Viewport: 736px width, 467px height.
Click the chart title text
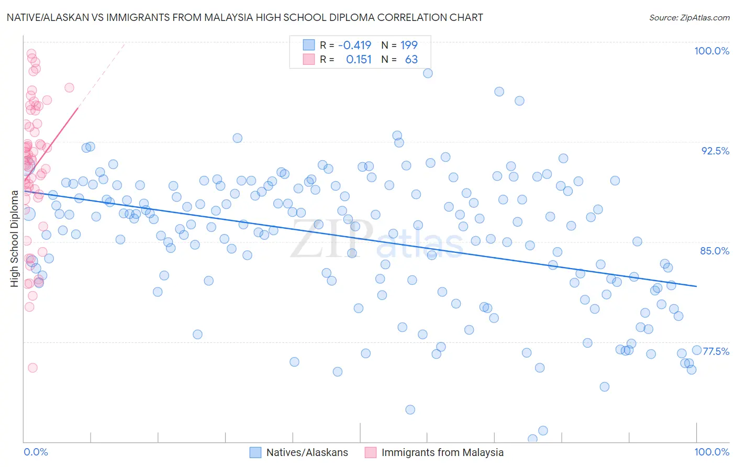[244, 17]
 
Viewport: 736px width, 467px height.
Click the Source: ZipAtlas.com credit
[689, 17]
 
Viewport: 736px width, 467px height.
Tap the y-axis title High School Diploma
[15, 238]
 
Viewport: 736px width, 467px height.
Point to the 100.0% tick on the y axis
[711, 51]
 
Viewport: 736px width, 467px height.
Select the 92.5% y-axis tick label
[715, 151]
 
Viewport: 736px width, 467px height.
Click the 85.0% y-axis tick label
[715, 251]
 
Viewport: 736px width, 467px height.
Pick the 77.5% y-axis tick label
[716, 351]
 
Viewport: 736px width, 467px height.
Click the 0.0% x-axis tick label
[36, 452]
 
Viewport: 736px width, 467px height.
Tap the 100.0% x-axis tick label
[711, 452]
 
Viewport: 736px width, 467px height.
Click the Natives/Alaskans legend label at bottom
[307, 452]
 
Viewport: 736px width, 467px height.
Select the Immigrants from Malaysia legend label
[442, 452]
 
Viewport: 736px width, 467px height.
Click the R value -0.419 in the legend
[354, 46]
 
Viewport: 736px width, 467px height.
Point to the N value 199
[409, 46]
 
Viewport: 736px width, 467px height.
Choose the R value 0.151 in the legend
[359, 60]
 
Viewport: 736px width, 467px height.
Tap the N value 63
[411, 60]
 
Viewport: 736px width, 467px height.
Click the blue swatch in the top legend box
[309, 46]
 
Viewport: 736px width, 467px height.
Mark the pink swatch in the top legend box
[309, 60]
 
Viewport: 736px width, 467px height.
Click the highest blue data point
[428, 73]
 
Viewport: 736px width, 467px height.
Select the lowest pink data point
[32, 368]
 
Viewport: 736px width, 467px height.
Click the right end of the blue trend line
[696, 286]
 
